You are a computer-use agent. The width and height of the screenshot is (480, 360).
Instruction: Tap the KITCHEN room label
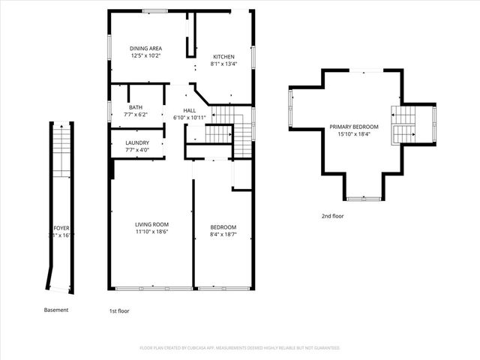click(x=223, y=57)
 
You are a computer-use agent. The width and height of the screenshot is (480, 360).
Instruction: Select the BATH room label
click(x=136, y=107)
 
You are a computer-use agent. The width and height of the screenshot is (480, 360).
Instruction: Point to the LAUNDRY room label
click(x=136, y=142)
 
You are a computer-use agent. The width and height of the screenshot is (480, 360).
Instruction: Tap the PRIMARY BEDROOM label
click(x=354, y=127)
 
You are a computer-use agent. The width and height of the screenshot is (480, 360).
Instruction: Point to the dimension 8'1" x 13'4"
click(x=223, y=64)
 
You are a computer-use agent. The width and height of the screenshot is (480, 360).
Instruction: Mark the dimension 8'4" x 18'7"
click(x=223, y=235)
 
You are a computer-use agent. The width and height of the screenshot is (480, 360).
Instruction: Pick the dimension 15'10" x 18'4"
click(x=354, y=135)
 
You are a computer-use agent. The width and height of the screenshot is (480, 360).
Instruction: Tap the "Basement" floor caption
click(x=56, y=310)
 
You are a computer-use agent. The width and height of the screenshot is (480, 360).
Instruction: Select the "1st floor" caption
click(x=119, y=310)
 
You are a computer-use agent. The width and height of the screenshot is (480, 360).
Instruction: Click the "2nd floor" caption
click(x=332, y=216)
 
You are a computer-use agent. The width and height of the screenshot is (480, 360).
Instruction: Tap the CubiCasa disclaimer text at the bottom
click(x=240, y=348)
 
